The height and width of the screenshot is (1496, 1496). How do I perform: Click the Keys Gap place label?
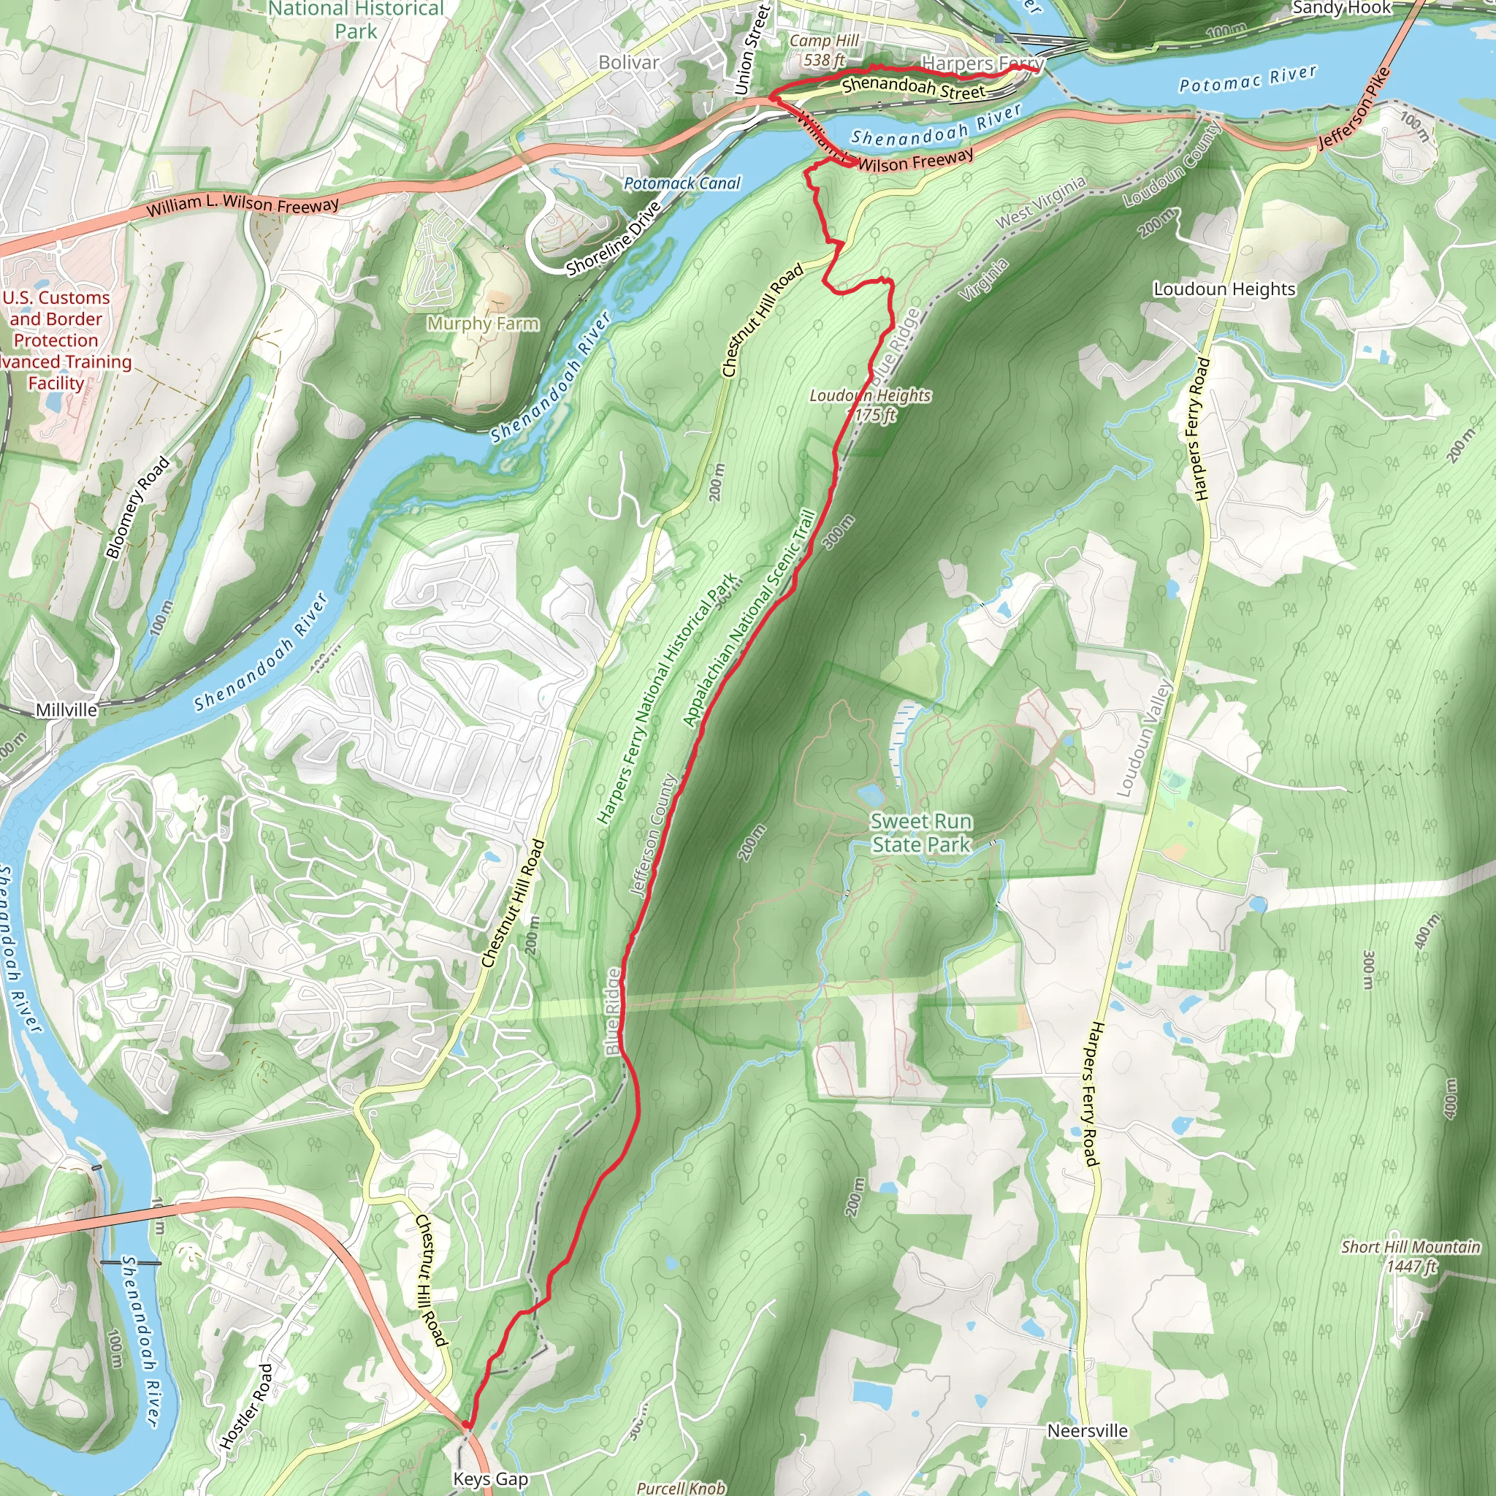tap(490, 1479)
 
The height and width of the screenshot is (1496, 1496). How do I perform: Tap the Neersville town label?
tap(1087, 1431)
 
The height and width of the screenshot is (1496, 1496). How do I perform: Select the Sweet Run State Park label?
tap(920, 833)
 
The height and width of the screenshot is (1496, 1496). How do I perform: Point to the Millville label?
tap(66, 710)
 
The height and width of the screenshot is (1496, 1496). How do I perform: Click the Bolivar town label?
tap(629, 62)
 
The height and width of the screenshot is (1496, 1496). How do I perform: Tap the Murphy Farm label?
tap(482, 324)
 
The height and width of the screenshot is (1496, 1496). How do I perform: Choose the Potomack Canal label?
tap(682, 183)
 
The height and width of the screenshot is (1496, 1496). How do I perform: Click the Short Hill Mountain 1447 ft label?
tap(1411, 1256)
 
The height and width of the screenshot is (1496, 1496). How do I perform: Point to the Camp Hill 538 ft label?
tap(824, 50)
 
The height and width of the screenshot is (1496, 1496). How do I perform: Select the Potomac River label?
tap(1248, 78)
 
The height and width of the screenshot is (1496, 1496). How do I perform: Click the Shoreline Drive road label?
tap(614, 238)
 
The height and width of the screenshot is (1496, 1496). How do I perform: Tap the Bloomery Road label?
tap(137, 507)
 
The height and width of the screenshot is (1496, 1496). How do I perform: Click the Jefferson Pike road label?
tap(1355, 108)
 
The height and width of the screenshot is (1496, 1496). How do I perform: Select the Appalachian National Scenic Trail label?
tap(749, 618)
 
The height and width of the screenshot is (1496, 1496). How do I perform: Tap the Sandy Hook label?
tap(1341, 9)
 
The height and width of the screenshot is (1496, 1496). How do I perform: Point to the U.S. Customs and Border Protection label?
tap(56, 340)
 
